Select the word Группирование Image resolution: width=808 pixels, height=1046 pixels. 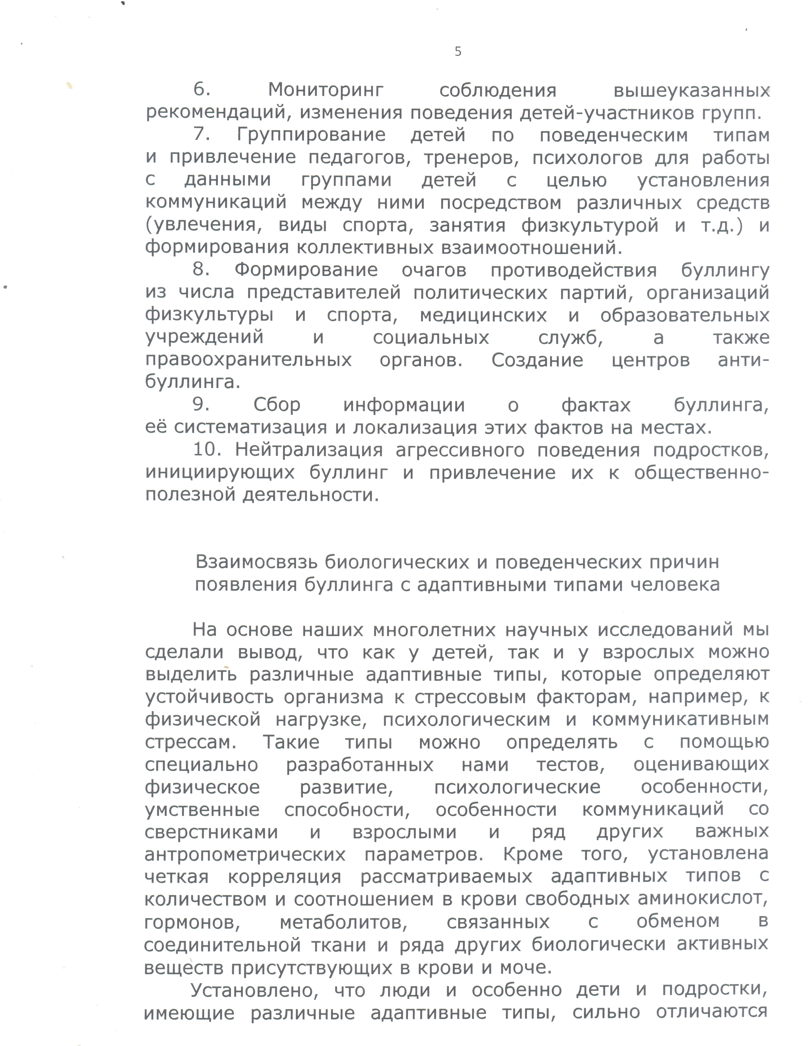click(311, 135)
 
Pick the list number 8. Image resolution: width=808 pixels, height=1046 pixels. click(202, 270)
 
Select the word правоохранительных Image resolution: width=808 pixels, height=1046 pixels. click(248, 360)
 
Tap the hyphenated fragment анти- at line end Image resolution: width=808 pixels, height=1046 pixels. click(743, 360)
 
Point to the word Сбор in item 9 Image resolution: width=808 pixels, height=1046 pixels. click(277, 405)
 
